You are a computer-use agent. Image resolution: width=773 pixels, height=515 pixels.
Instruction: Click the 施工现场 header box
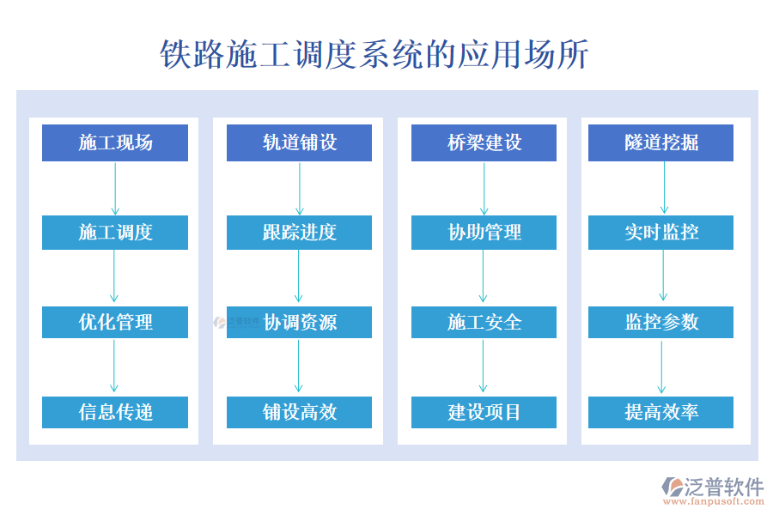point(115,142)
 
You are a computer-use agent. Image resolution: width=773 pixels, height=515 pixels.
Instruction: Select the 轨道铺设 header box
point(299,142)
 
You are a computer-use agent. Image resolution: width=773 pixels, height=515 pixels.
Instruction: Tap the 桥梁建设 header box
point(484,142)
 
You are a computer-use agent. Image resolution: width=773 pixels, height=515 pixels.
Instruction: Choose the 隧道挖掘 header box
point(660,142)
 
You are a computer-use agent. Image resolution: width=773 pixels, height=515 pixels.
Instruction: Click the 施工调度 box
point(115,233)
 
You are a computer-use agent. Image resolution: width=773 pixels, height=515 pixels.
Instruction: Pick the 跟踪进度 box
point(299,233)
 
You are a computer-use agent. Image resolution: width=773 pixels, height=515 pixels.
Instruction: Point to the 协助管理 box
point(484,233)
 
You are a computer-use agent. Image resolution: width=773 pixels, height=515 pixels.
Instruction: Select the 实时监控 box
point(660,233)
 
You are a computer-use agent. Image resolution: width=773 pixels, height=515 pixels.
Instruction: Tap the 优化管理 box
point(115,322)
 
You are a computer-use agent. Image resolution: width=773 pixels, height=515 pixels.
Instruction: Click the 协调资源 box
point(299,322)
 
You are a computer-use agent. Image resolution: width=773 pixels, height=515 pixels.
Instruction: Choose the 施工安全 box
point(484,322)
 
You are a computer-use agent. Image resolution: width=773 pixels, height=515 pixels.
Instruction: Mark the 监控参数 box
point(660,322)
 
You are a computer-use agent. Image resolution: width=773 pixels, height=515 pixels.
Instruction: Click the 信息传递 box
point(115,412)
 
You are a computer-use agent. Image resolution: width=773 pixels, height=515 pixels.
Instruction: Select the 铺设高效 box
point(299,412)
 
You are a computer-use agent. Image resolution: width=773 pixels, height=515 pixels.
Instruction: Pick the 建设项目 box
point(484,412)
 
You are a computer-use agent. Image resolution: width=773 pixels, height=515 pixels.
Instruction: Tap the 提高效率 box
point(660,412)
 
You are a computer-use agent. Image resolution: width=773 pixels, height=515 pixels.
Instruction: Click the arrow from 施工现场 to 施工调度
point(115,188)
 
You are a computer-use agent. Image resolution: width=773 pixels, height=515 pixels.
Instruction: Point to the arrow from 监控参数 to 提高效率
point(661,367)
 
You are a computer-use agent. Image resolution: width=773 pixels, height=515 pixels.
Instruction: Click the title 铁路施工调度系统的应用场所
point(374,54)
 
